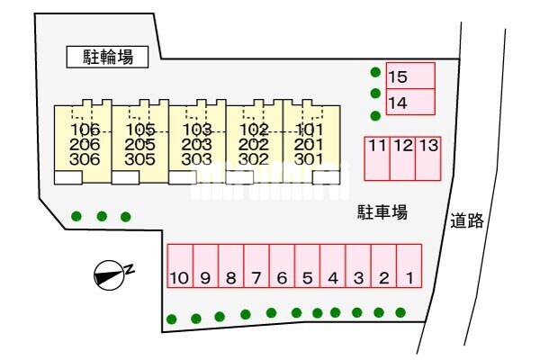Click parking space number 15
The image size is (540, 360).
point(410,76)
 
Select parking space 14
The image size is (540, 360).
point(410,102)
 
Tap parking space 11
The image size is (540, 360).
point(377,158)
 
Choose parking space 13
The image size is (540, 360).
point(428,158)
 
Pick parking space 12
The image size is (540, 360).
point(402,158)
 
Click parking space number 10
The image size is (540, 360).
point(180,265)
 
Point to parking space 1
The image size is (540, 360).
point(409,265)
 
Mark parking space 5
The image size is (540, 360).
point(307,265)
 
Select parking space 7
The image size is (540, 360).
point(256,265)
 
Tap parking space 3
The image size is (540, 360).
point(358,265)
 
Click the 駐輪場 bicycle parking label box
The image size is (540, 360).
point(107,57)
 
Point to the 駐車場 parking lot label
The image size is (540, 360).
point(382,212)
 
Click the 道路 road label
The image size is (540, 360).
point(467,220)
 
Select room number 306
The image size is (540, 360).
point(85,159)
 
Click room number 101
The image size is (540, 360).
point(309,130)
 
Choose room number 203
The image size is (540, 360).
point(196,145)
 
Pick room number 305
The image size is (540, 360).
point(139,159)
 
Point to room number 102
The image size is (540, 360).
point(254,130)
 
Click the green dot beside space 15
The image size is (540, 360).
point(375,72)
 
